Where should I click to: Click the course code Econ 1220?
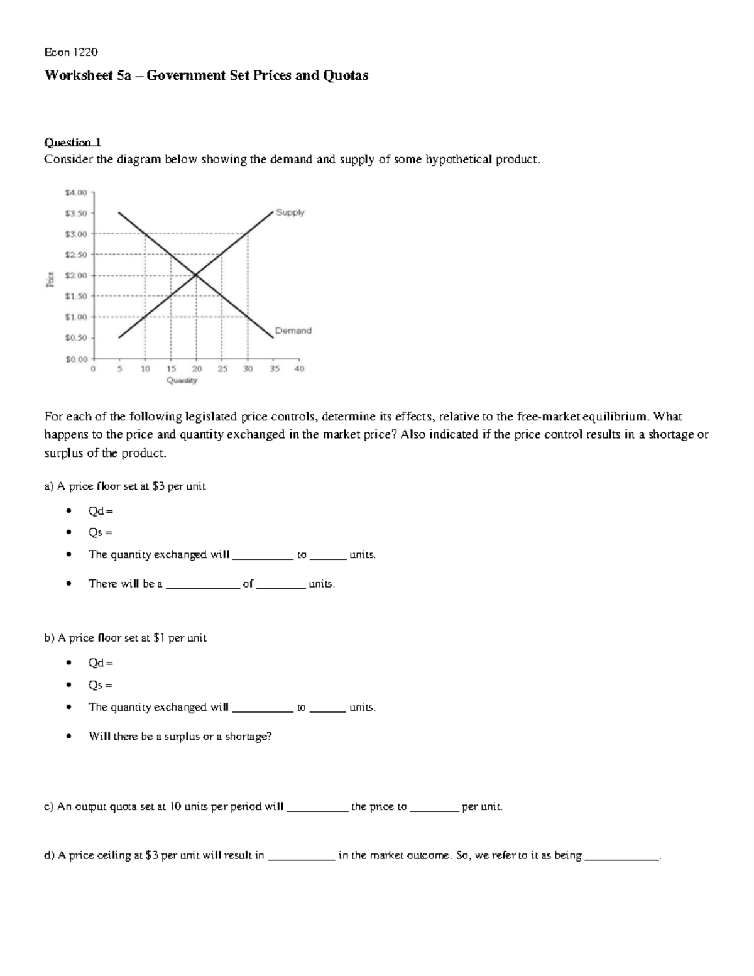pyautogui.click(x=70, y=52)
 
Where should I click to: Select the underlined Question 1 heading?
pyautogui.click(x=72, y=142)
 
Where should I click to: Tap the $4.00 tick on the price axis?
pyautogui.click(x=77, y=192)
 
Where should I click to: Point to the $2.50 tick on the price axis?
pyautogui.click(x=77, y=255)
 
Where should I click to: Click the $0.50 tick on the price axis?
pyautogui.click(x=77, y=337)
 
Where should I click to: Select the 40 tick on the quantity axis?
pyautogui.click(x=299, y=369)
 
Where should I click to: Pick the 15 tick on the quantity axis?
pyautogui.click(x=171, y=369)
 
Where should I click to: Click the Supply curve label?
pyautogui.click(x=290, y=212)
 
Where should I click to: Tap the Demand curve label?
pyautogui.click(x=293, y=331)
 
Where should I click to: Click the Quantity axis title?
pyautogui.click(x=182, y=380)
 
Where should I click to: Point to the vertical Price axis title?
pyautogui.click(x=50, y=278)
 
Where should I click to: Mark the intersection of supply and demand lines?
pyautogui.click(x=196, y=275)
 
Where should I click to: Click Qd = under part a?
pyautogui.click(x=101, y=512)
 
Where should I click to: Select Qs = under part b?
pyautogui.click(x=100, y=685)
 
